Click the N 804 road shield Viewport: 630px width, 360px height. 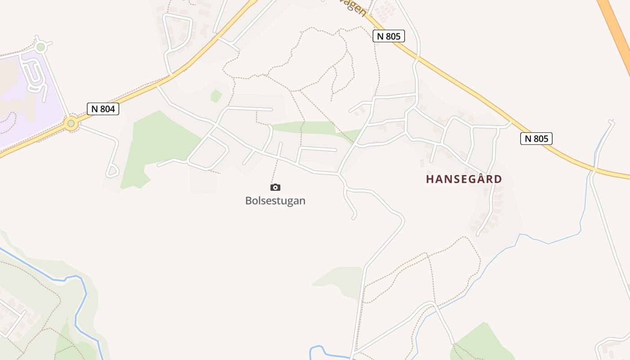pyautogui.click(x=103, y=108)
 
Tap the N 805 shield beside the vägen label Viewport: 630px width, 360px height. pyautogui.click(x=389, y=36)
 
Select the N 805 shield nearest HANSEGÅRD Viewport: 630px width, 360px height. pyautogui.click(x=536, y=139)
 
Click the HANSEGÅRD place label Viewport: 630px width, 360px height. pyautogui.click(x=464, y=179)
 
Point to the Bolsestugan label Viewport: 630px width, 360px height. pyautogui.click(x=275, y=201)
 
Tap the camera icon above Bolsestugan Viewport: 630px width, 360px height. pyautogui.click(x=275, y=188)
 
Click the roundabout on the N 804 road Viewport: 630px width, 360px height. pyautogui.click(x=71, y=123)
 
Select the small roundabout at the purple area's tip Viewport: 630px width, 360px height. pyautogui.click(x=41, y=47)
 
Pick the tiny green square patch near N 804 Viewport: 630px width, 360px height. pyautogui.click(x=216, y=96)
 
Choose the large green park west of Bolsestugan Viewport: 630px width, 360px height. pyautogui.click(x=153, y=144)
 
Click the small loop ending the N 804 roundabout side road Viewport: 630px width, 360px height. pyautogui.click(x=112, y=171)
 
